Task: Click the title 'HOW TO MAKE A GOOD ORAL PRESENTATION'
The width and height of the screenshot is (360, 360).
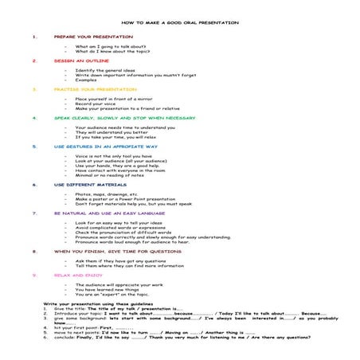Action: (180, 23)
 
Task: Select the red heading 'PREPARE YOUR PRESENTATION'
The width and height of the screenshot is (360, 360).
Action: (93, 37)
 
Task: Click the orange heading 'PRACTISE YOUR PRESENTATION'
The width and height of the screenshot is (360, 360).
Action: (96, 89)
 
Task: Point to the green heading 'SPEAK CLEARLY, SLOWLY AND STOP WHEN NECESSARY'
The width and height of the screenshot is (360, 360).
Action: (124, 117)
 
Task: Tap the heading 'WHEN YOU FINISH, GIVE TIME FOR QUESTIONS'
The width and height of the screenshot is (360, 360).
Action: (118, 251)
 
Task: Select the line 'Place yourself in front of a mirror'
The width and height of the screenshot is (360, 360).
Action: (114, 99)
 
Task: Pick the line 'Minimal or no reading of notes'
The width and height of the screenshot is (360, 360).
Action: (110, 175)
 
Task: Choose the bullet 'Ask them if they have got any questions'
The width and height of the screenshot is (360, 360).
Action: (121, 260)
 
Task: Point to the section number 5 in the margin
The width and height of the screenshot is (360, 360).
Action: (34, 147)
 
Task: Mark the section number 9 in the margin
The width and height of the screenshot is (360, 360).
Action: (34, 274)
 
